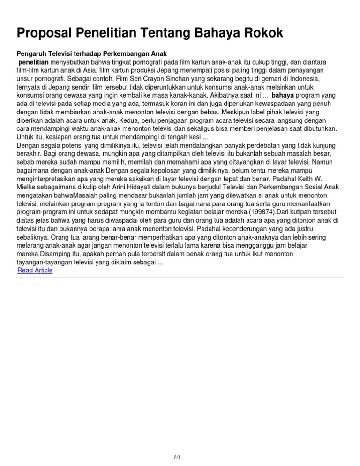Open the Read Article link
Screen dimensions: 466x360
pyautogui.click(x=35, y=271)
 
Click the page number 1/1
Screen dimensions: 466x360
pyautogui.click(x=176, y=457)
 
